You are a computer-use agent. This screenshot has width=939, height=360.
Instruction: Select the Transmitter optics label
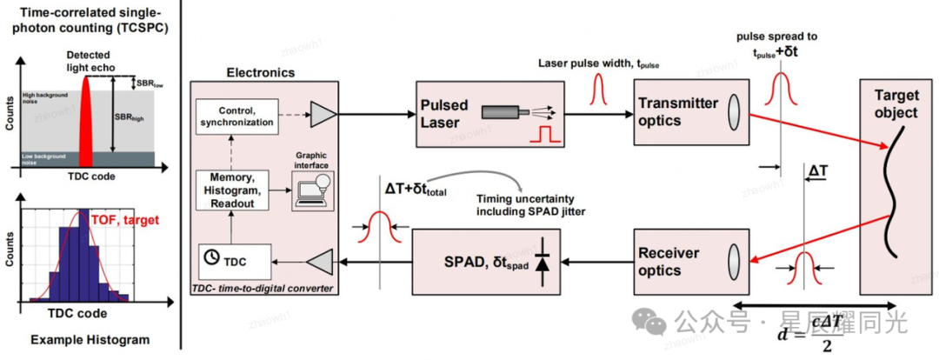tap(678, 111)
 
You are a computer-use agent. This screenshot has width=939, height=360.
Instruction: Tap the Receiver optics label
tap(669, 261)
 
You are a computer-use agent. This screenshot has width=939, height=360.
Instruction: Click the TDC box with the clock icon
tap(231, 258)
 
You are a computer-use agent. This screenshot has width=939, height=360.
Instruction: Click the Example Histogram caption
tap(83, 340)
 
